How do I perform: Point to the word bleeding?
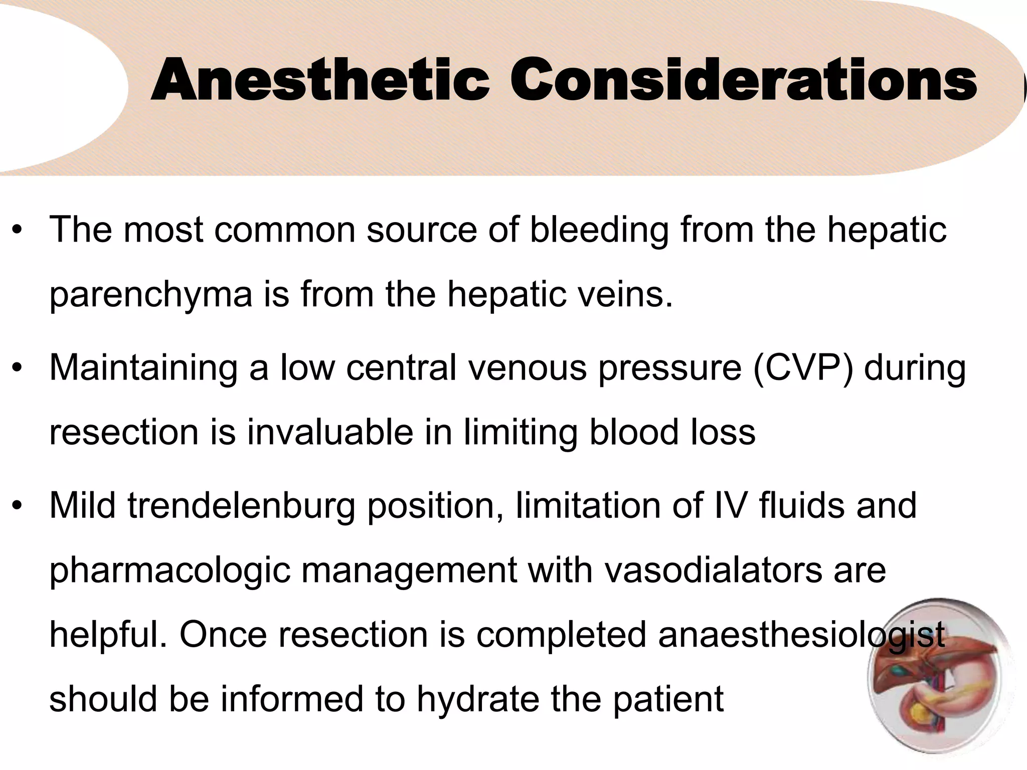599,231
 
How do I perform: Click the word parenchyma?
150,296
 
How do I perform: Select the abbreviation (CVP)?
802,368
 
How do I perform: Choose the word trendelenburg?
241,506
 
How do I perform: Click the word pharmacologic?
170,571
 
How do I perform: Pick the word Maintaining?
143,368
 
